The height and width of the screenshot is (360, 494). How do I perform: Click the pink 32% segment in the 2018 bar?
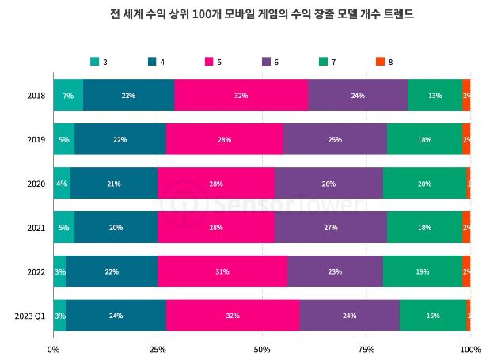click(x=241, y=95)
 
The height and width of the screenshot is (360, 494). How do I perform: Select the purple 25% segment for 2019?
click(x=335, y=139)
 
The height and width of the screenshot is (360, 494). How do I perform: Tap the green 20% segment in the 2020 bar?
click(x=424, y=184)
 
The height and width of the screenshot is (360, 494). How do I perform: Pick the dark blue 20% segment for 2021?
click(x=116, y=227)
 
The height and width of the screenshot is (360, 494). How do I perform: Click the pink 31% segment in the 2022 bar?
click(x=222, y=271)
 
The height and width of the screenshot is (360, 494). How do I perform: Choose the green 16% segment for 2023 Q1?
click(x=432, y=316)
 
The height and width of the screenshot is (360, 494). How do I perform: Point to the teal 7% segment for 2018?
click(x=68, y=95)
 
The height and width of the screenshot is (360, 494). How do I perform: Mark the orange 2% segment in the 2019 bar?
click(x=466, y=139)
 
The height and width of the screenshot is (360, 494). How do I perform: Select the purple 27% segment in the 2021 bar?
click(x=331, y=227)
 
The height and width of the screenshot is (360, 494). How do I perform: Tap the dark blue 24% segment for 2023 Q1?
click(x=116, y=316)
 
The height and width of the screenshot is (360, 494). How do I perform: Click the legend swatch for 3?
click(x=95, y=61)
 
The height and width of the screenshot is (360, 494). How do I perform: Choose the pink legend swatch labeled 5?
click(x=210, y=61)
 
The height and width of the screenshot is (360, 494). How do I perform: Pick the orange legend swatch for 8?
click(x=380, y=61)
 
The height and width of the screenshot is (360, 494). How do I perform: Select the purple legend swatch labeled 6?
click(x=266, y=61)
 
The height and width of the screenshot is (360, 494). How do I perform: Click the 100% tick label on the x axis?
click(x=470, y=348)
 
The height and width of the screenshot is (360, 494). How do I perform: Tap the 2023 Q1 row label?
click(x=30, y=316)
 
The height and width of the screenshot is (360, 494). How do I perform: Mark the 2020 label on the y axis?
click(x=36, y=184)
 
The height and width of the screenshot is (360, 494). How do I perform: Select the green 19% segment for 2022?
click(x=422, y=271)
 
